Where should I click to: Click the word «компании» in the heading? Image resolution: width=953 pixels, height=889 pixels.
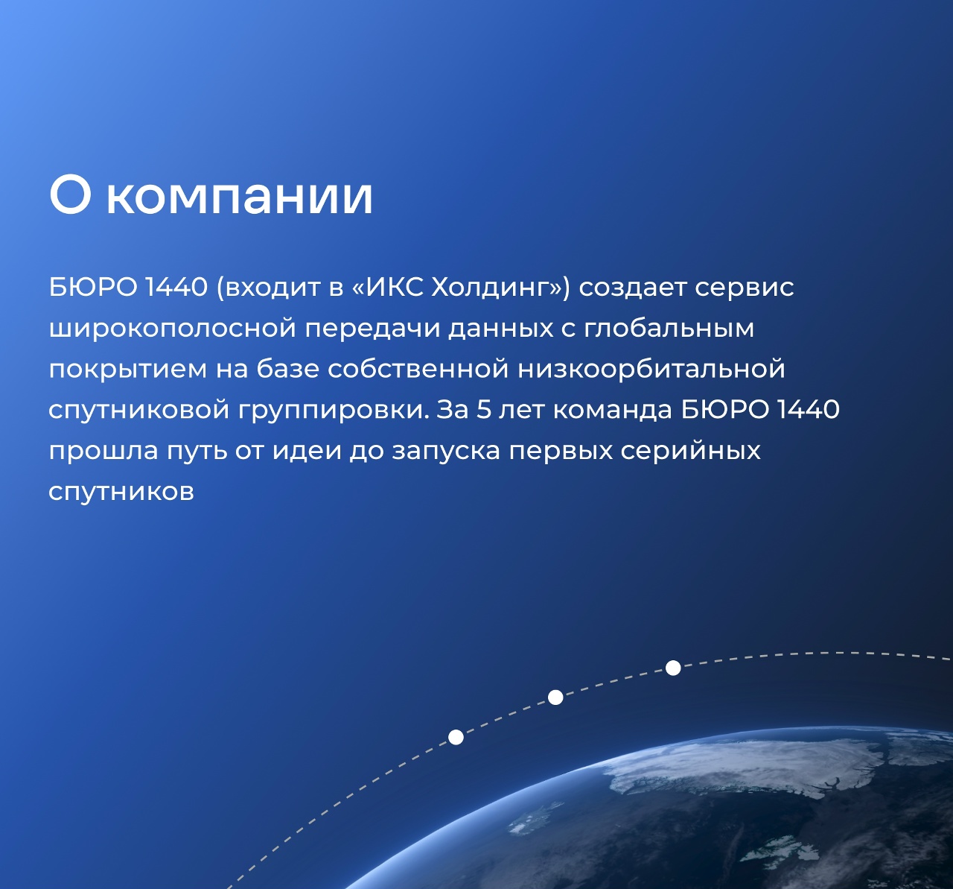[240, 197]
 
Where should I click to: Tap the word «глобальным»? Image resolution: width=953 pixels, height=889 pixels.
[669, 329]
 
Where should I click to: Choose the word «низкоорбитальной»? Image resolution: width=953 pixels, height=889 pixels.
[651, 370]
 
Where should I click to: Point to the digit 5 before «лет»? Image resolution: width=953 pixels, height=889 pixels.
[483, 410]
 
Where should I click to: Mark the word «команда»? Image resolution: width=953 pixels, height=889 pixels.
[612, 410]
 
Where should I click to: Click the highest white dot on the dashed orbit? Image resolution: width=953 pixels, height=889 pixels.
[673, 668]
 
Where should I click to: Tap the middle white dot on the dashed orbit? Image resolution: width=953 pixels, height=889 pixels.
[555, 697]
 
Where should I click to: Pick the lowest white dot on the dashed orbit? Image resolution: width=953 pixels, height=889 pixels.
[456, 737]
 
